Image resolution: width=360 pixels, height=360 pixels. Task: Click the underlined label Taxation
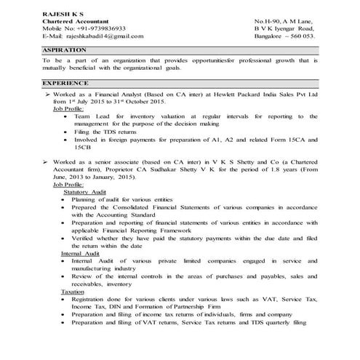73,291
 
